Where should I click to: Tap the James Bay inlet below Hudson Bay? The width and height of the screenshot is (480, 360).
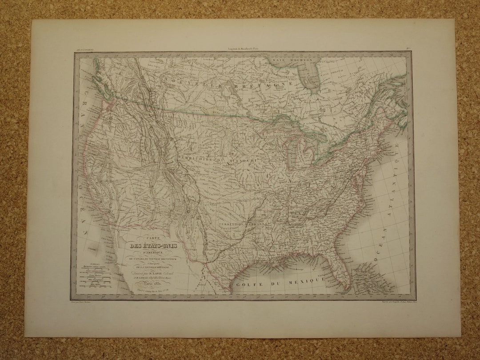point(313,82)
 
